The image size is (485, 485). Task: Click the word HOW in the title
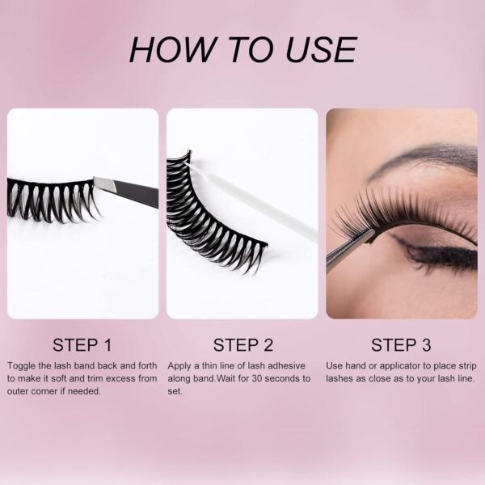172,49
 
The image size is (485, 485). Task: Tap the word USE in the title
321,49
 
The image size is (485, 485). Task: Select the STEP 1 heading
82,345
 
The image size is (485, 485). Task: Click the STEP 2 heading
243,345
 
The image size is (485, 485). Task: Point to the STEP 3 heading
401,345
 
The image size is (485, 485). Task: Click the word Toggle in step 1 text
21,366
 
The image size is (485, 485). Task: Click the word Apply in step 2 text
179,366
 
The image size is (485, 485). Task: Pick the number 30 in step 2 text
257,378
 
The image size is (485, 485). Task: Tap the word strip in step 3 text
467,366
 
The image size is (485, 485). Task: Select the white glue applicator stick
252,201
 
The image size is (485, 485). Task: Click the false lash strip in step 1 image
51,200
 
